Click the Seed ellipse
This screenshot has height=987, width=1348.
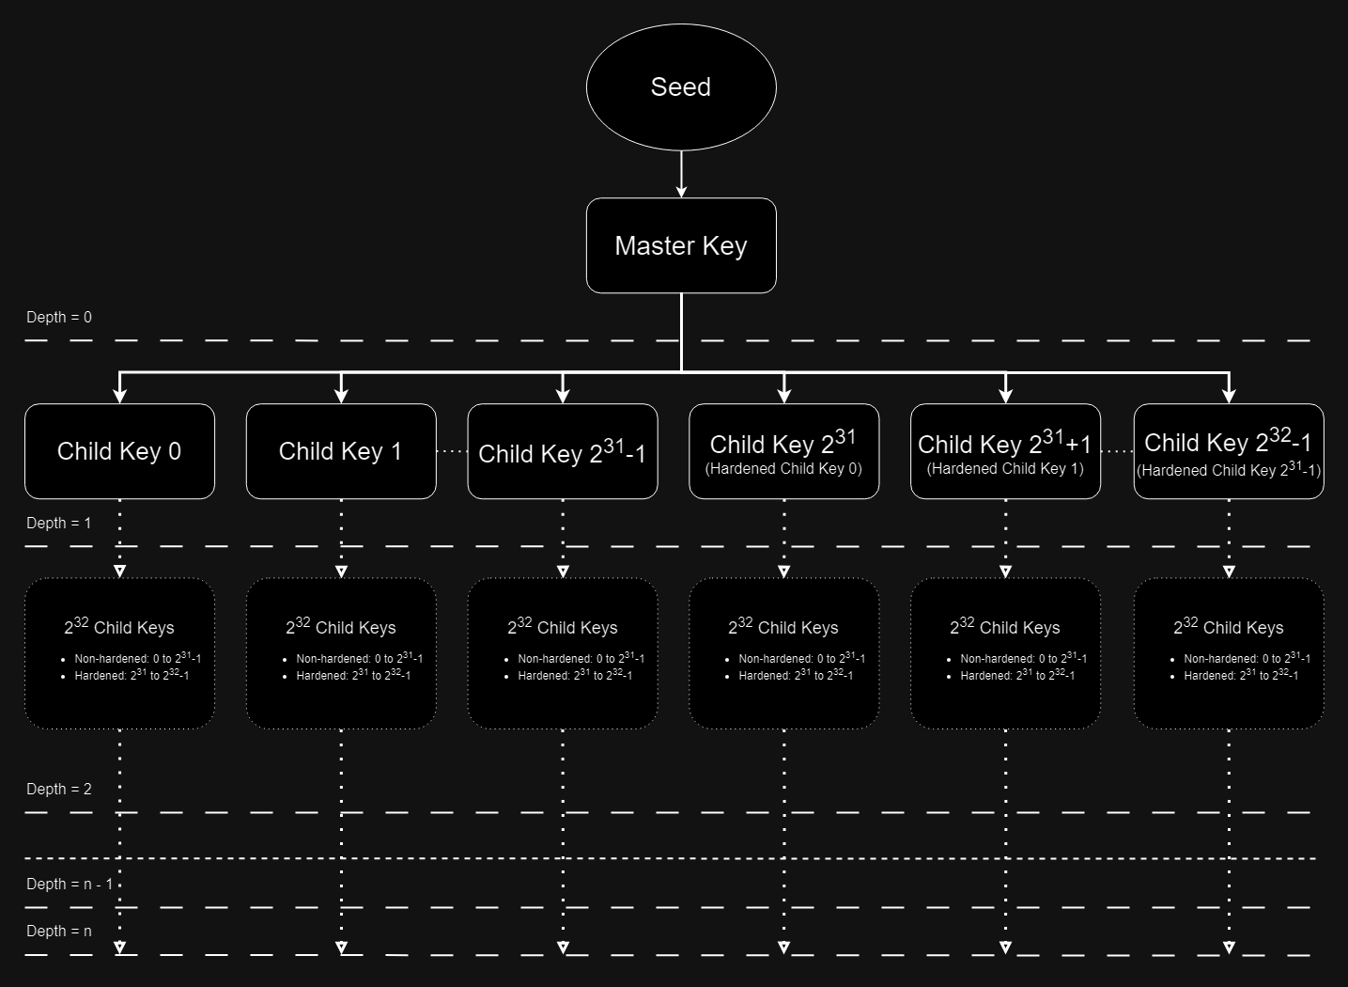pos(681,86)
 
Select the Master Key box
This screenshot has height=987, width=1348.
pos(681,245)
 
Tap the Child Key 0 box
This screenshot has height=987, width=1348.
pos(119,451)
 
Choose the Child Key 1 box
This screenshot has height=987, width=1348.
pos(341,451)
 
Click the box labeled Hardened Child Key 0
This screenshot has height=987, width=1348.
pos(784,451)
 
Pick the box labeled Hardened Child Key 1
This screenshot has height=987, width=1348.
pos(1005,451)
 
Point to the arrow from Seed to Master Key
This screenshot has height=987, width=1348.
pos(681,174)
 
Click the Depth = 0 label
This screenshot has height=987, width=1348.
pos(59,318)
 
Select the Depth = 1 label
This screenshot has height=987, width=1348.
pos(59,524)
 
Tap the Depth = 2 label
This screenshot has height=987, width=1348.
pos(59,790)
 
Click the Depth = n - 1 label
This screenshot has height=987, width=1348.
pos(70,885)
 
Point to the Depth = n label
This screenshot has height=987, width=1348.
pos(59,932)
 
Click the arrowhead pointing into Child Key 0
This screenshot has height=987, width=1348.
pos(119,395)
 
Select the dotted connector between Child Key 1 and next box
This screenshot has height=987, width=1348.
pos(452,452)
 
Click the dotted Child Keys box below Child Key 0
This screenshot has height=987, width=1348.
pos(119,653)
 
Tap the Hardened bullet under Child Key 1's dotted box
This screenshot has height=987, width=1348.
pos(353,676)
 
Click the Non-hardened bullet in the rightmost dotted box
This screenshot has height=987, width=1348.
pos(1247,659)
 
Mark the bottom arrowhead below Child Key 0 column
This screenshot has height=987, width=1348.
pos(119,948)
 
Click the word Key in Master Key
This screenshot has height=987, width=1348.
pos(724,246)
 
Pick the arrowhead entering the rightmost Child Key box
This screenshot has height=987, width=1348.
pos(1229,395)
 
